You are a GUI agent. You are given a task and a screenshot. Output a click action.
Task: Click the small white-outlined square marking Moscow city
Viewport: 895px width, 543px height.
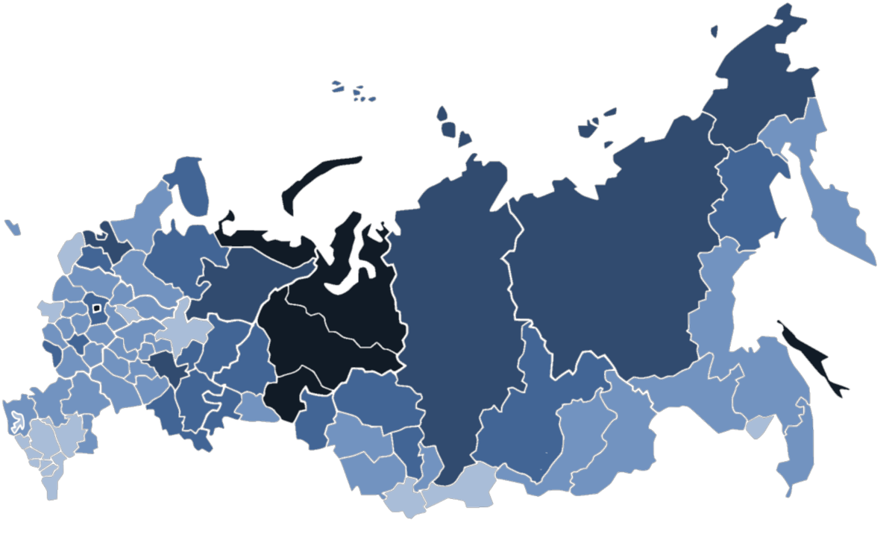tap(95, 307)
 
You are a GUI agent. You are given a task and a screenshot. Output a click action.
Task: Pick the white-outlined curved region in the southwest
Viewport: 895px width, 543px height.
tap(15, 420)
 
